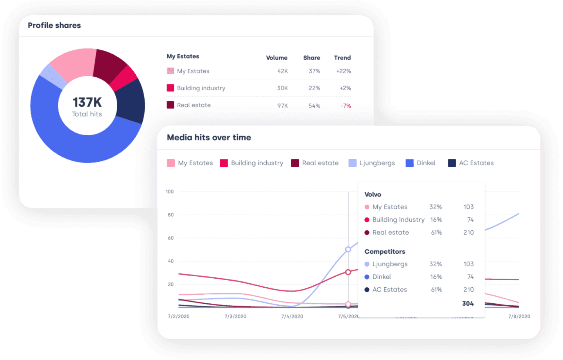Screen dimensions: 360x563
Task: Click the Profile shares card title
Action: [x=54, y=25]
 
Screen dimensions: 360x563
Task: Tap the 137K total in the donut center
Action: [x=87, y=102]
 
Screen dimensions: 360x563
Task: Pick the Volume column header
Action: [x=276, y=58]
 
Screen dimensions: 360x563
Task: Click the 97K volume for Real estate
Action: [x=282, y=106]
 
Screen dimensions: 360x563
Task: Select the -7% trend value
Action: [x=346, y=106]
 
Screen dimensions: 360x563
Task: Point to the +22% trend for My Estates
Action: [x=343, y=71]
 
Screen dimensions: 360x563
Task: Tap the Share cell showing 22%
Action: [x=314, y=88]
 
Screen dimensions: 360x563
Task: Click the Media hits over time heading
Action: [x=209, y=138]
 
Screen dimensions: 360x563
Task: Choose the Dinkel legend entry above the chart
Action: [x=421, y=163]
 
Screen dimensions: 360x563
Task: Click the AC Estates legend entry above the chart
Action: [x=471, y=163]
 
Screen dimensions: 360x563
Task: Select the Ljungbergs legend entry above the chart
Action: [x=372, y=163]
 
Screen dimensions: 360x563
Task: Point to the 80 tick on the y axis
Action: [x=170, y=215]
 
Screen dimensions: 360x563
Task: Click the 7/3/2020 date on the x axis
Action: [x=235, y=316]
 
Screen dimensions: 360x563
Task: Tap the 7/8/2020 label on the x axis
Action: [x=519, y=316]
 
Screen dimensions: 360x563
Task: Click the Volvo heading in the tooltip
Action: [x=373, y=195]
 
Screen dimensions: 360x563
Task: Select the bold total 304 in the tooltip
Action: [x=468, y=304]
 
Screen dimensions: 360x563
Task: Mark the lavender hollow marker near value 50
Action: [x=348, y=249]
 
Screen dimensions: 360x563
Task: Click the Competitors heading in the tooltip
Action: [x=385, y=252]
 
